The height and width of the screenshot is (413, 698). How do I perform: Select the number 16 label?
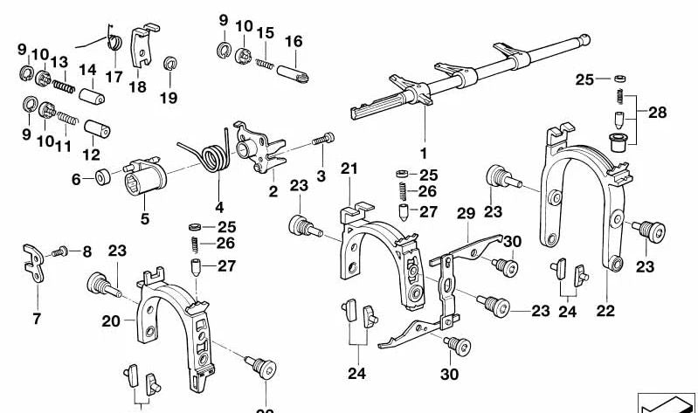coord(294,41)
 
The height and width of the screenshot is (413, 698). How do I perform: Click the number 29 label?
coord(465,213)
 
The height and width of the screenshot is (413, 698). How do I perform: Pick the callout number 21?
coord(349,168)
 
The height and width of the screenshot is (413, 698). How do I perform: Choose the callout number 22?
coord(605,310)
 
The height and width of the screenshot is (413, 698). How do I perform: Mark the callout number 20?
coord(110,320)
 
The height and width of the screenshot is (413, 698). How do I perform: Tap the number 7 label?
coord(37,319)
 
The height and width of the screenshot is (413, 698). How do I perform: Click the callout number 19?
coord(169,98)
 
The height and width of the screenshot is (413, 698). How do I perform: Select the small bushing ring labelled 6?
coord(101,178)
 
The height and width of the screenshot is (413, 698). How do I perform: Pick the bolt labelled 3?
coord(325,139)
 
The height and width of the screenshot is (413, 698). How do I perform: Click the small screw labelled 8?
coord(60,251)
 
